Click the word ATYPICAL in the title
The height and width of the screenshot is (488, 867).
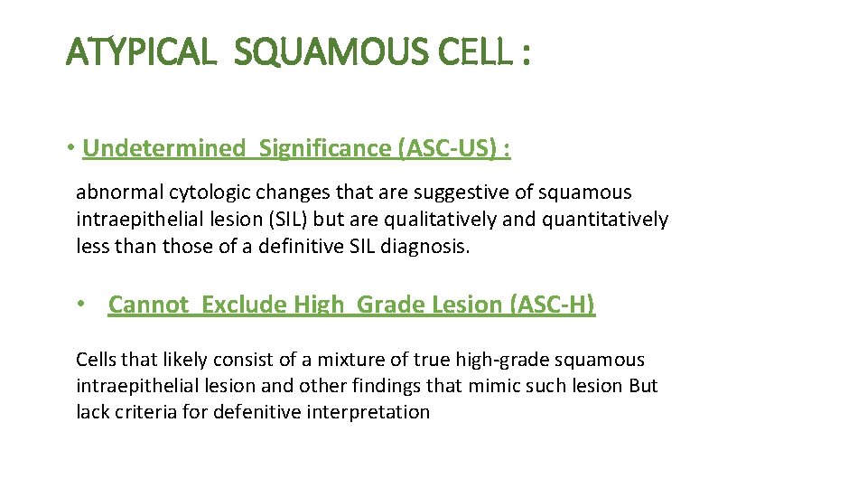pos(142,53)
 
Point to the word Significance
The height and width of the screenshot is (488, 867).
pos(326,148)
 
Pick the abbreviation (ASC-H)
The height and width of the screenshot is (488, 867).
pos(553,305)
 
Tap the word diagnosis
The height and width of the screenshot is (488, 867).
pos(427,246)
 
